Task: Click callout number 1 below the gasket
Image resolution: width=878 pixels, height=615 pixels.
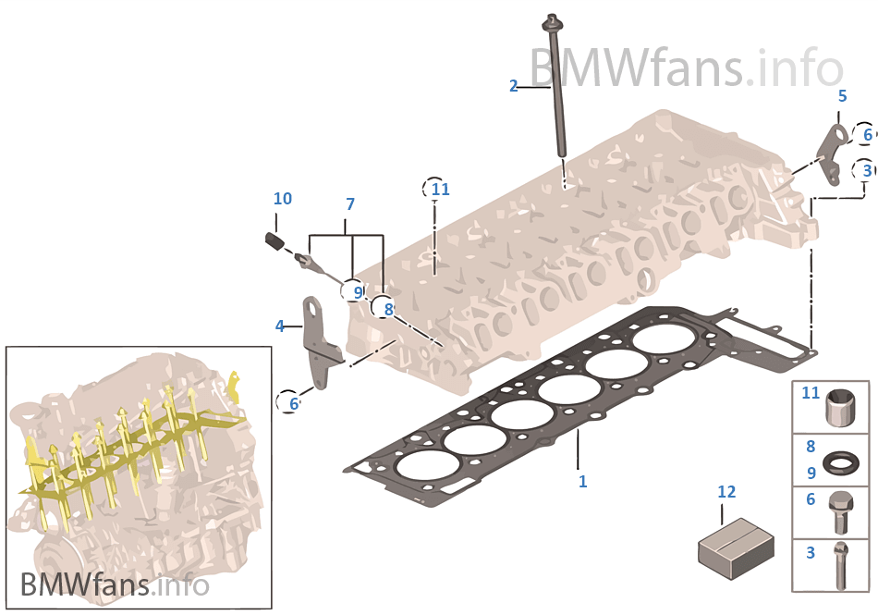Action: pyautogui.click(x=582, y=482)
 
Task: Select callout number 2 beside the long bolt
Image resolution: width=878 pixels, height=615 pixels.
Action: pyautogui.click(x=514, y=86)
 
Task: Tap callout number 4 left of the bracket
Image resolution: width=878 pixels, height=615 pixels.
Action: pyautogui.click(x=279, y=326)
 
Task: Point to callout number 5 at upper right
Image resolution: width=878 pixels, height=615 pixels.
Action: pyautogui.click(x=842, y=95)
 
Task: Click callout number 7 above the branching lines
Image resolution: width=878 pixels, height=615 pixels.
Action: pyautogui.click(x=350, y=203)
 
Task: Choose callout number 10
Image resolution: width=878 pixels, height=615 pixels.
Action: pyautogui.click(x=282, y=199)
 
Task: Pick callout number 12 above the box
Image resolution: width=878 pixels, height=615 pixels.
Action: pyautogui.click(x=726, y=492)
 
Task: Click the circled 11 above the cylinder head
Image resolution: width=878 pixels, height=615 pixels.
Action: pyautogui.click(x=439, y=190)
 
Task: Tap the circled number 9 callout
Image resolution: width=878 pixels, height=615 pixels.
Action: pyautogui.click(x=357, y=291)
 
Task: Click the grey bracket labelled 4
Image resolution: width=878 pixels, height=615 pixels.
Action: pyautogui.click(x=320, y=342)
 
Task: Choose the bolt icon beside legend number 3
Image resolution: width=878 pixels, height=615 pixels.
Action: pyautogui.click(x=840, y=564)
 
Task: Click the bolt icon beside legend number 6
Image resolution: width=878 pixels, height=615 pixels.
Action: pyautogui.click(x=840, y=511)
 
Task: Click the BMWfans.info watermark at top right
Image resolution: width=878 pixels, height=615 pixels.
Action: pyautogui.click(x=686, y=66)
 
